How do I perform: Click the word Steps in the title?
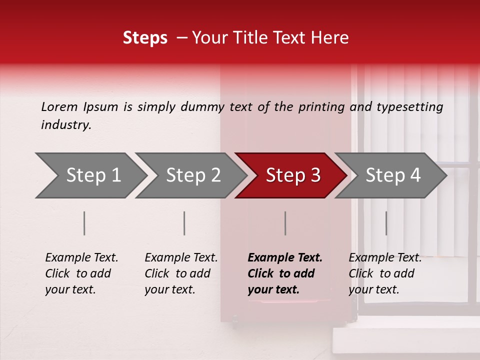(x=145, y=38)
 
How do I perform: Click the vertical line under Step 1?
(x=84, y=223)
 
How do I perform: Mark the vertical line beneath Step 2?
(x=184, y=223)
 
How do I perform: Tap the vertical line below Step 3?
(x=285, y=223)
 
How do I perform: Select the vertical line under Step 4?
(x=386, y=223)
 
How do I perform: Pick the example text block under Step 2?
(x=180, y=273)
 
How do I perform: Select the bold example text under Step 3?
(x=284, y=273)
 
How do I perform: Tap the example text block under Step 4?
(x=384, y=273)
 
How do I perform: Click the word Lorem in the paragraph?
(x=59, y=107)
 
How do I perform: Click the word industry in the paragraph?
(x=65, y=125)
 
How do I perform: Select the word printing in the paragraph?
(x=321, y=107)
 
